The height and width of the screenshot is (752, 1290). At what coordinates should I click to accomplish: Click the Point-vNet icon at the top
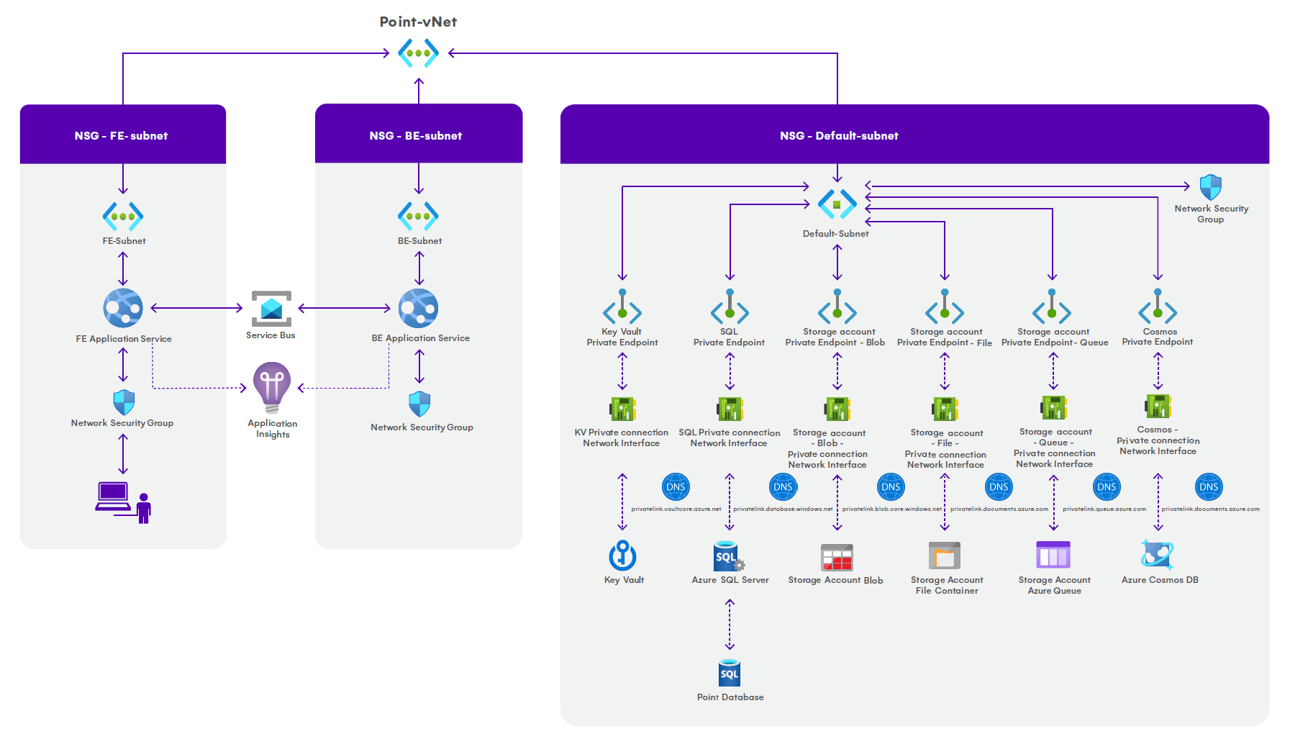point(418,53)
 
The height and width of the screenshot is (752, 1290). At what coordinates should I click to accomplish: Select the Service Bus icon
point(271,309)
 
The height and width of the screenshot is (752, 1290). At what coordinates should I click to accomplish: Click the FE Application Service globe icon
point(123,308)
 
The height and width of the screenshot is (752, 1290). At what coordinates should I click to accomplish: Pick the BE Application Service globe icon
point(419,308)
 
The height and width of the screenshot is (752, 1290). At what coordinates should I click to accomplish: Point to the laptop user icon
point(124,502)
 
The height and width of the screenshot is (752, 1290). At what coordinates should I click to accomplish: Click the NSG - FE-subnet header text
point(121,135)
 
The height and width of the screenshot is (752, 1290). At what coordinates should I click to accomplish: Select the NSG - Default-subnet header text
point(839,135)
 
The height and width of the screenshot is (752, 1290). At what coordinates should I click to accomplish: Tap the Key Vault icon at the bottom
point(622,556)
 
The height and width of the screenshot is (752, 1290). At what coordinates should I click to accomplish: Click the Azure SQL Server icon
point(728,556)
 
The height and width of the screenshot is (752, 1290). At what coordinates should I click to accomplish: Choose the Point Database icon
point(730,674)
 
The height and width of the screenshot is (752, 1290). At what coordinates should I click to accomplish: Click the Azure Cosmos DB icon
point(1158,555)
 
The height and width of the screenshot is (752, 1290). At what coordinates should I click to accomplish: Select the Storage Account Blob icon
point(837,557)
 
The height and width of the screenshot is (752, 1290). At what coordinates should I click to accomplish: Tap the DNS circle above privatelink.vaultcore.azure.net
point(676,487)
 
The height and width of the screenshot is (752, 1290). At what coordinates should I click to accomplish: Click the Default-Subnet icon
point(837,204)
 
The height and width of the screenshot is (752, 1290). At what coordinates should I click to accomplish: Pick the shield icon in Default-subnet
point(1210,188)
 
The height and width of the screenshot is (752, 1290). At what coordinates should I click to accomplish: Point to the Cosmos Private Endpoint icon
point(1158,307)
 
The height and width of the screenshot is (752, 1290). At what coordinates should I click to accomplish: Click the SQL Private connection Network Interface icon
point(730,409)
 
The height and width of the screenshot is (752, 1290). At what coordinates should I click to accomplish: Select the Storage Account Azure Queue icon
point(1053,556)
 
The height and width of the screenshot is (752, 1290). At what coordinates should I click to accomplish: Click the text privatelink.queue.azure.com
point(1104,509)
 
